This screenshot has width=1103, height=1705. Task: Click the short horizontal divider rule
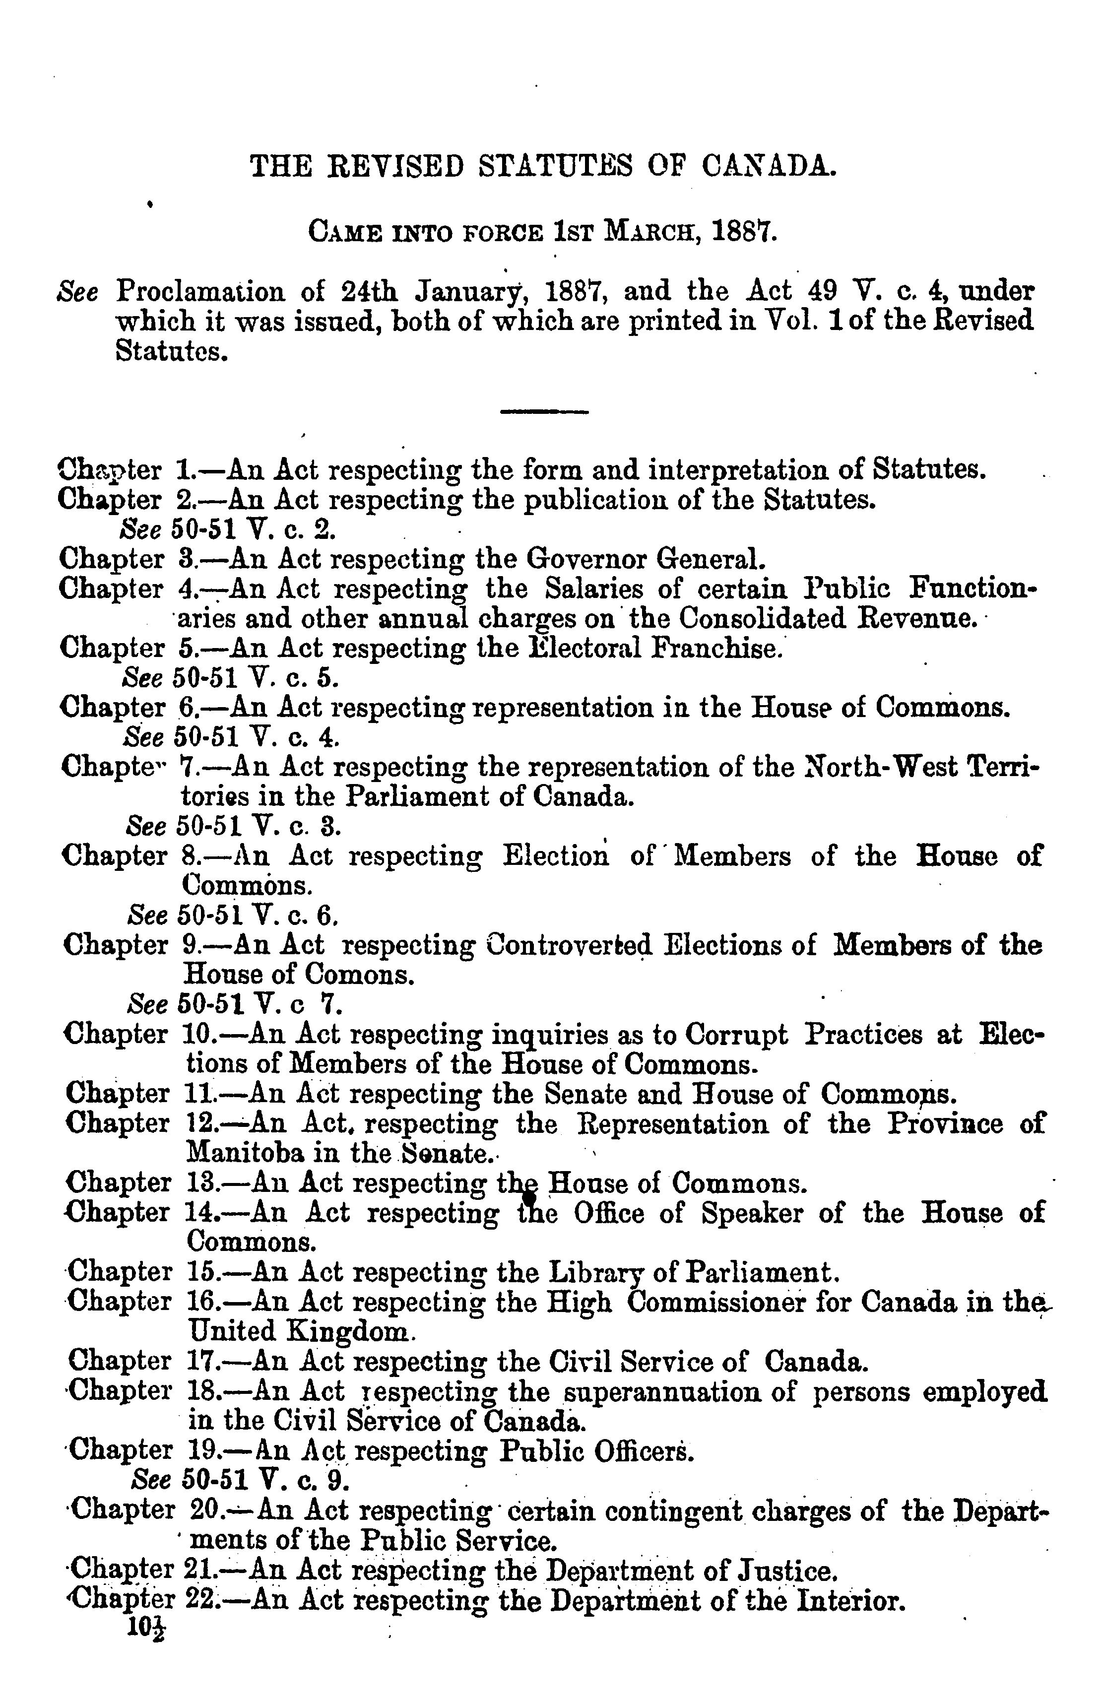point(544,412)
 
